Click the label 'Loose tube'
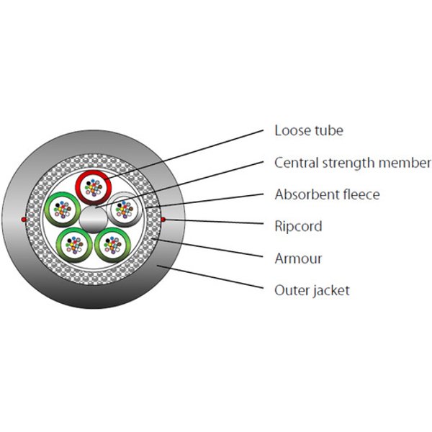[309, 130]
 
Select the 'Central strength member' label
[352, 163]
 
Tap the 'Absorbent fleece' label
[327, 194]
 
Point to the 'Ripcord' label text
[298, 227]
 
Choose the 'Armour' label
[298, 258]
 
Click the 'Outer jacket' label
[312, 291]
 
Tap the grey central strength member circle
[93, 220]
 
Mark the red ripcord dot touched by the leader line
[163, 220]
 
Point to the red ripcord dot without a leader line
[24, 220]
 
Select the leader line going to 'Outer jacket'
[210, 277]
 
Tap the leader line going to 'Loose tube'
[183, 155]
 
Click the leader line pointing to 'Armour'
[207, 248]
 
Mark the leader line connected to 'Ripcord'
[213, 222]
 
